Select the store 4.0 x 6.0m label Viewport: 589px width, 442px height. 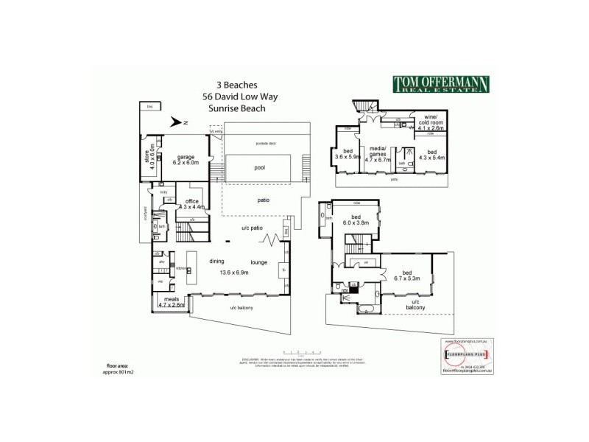tap(147, 159)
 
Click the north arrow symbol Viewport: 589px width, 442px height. tap(177, 123)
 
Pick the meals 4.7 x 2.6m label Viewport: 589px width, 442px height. tap(172, 301)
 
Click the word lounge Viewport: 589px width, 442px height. tap(258, 262)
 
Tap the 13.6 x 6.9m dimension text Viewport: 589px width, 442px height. tap(234, 273)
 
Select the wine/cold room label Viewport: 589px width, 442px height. tap(428, 124)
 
